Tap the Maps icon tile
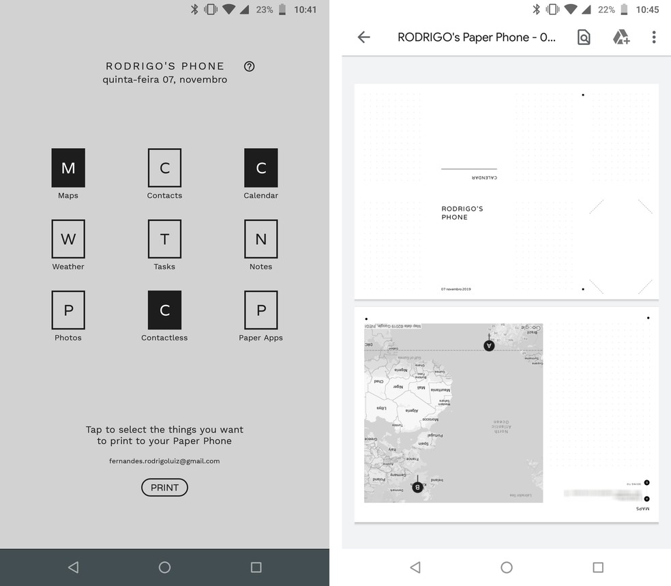(x=68, y=168)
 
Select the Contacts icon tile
(x=164, y=168)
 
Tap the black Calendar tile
(x=260, y=168)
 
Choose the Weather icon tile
(x=68, y=239)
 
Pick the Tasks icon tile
(x=164, y=239)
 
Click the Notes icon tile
(x=260, y=239)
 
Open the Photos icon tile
(x=68, y=310)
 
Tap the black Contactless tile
(x=164, y=310)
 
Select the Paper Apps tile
(x=260, y=310)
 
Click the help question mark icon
(x=249, y=66)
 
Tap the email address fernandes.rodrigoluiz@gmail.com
(x=164, y=461)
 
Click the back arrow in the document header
(x=364, y=38)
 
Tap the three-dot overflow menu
(x=653, y=38)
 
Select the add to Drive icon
(x=621, y=38)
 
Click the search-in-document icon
(x=584, y=38)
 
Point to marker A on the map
(x=489, y=345)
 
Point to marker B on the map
(x=417, y=487)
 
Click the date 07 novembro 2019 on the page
(x=456, y=289)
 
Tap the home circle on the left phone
(x=164, y=567)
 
